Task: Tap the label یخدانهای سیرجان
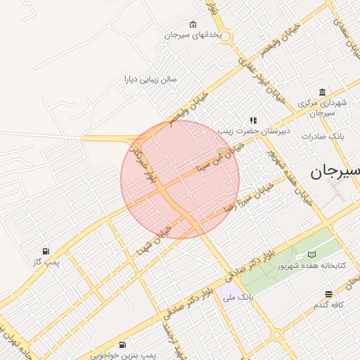pyautogui.click(x=193, y=34)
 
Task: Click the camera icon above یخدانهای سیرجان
pyautogui.click(x=193, y=25)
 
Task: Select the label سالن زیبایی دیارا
pyautogui.click(x=150, y=79)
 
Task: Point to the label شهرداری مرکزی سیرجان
pyautogui.click(x=322, y=108)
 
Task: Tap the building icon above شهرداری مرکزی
pyautogui.click(x=322, y=93)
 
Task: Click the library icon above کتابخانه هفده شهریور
pyautogui.click(x=311, y=255)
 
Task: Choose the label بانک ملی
pyautogui.click(x=238, y=298)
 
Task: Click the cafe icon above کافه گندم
pyautogui.click(x=328, y=294)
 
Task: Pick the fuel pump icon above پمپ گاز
pyautogui.click(x=46, y=251)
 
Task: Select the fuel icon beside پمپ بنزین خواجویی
pyautogui.click(x=123, y=345)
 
